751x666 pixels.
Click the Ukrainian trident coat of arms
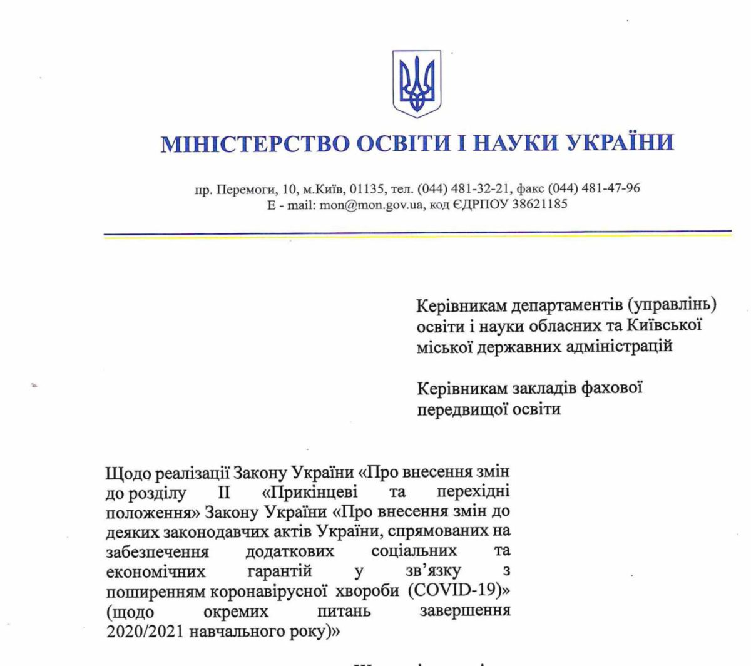pos(416,84)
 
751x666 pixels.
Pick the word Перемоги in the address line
pos(240,188)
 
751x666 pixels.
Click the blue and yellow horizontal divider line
pos(417,235)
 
